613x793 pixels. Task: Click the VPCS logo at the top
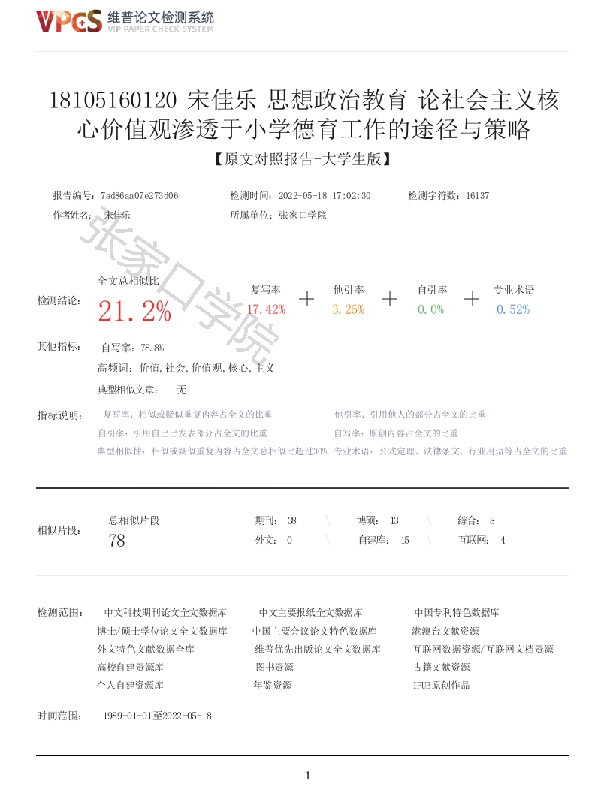point(69,22)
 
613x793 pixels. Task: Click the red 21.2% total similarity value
point(134,312)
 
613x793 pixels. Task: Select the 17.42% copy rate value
point(266,309)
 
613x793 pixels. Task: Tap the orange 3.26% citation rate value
point(349,309)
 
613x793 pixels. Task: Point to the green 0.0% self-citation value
point(431,309)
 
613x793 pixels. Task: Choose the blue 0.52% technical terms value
point(513,309)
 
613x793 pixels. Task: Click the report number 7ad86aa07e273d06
point(139,196)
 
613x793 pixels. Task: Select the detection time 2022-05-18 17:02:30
point(325,196)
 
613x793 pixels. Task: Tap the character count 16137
point(478,196)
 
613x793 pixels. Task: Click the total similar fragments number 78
point(116,540)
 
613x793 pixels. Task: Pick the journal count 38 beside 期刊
point(292,520)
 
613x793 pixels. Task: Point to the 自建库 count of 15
point(405,540)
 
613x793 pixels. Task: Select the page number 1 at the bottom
point(307,776)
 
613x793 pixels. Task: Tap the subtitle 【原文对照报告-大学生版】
point(303,160)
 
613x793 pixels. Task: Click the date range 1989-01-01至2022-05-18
point(157,716)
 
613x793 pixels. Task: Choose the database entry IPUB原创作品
point(441,686)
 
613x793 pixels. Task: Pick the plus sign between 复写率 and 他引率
point(306,299)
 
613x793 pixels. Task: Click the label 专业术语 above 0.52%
point(514,290)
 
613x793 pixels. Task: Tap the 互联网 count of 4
point(503,540)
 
